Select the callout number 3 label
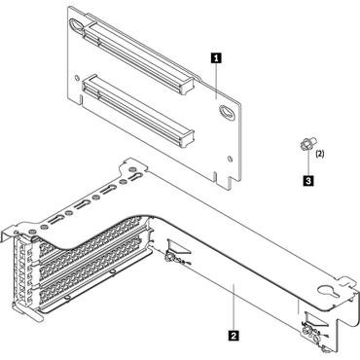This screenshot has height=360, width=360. [308, 179]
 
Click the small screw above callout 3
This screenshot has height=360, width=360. [306, 147]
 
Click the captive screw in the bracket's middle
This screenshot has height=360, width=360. [173, 259]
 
